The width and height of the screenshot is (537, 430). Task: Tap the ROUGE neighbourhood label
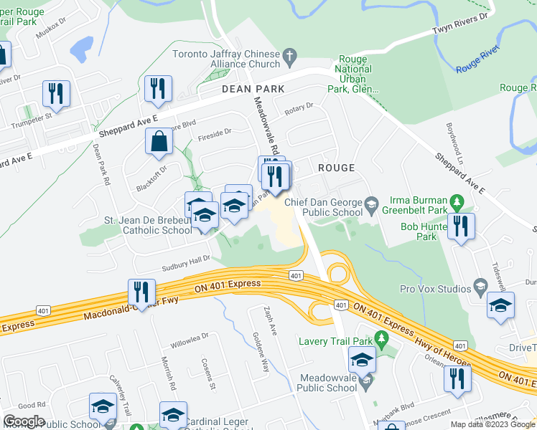click(x=336, y=168)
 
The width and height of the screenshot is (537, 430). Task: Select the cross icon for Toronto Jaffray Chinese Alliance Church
click(x=290, y=55)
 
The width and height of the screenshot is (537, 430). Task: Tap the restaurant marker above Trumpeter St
click(x=55, y=93)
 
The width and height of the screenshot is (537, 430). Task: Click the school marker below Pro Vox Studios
click(x=500, y=305)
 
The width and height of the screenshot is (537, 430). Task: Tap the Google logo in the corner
click(x=24, y=421)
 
